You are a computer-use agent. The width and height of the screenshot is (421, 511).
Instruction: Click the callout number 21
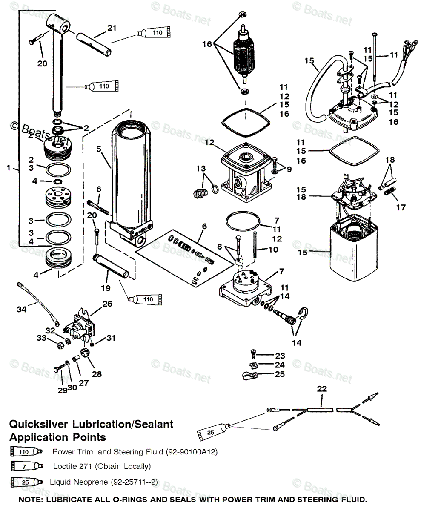(112, 28)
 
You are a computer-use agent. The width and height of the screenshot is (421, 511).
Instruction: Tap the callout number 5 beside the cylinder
(99, 149)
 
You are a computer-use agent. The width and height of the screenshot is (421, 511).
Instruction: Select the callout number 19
(106, 288)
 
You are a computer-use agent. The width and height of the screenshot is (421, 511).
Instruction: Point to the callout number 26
(107, 304)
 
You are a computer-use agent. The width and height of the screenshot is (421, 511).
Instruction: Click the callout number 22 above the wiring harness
(322, 389)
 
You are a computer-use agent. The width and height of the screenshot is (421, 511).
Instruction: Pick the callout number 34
(22, 309)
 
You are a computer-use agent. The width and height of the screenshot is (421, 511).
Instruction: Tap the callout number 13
(201, 168)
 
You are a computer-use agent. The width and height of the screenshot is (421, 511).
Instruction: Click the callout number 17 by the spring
(401, 207)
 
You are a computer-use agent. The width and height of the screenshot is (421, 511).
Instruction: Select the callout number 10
(273, 250)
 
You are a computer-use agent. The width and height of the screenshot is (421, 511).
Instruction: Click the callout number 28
(97, 374)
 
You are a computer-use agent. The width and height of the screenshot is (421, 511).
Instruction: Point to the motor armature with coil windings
(244, 53)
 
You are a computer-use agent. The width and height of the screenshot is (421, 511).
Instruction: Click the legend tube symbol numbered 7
(27, 466)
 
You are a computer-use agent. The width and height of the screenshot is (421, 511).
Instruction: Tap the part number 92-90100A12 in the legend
(192, 452)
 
